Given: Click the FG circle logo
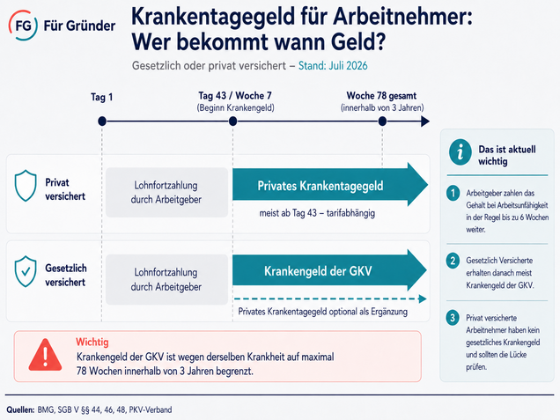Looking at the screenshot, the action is click(x=23, y=25).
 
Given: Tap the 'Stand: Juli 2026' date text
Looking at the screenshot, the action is click(x=333, y=66).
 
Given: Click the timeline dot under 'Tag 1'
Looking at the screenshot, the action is click(x=102, y=122).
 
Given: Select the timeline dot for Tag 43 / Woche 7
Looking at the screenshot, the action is click(x=232, y=122).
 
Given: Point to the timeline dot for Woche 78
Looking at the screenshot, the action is click(x=382, y=122).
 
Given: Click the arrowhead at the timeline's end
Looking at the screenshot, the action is click(x=425, y=122).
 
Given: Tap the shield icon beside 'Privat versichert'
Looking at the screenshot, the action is click(x=26, y=186).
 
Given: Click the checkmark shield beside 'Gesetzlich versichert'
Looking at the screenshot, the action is click(x=26, y=271).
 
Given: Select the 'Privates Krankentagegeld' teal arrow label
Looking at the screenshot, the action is click(x=321, y=186).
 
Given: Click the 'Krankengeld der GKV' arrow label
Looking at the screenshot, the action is click(x=318, y=271).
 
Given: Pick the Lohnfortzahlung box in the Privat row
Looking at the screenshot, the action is click(x=166, y=192).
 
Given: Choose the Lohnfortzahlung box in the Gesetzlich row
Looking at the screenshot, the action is click(x=166, y=279).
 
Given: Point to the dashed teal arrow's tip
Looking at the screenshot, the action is click(x=425, y=298).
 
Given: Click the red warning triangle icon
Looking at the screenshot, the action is click(x=46, y=355).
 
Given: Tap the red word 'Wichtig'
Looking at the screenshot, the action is click(x=92, y=342).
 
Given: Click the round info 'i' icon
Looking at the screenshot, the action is click(x=461, y=151).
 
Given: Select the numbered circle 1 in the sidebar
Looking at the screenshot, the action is click(x=453, y=193).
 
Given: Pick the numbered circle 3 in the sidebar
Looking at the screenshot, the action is click(x=453, y=318).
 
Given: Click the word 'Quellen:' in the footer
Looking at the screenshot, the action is click(x=20, y=409).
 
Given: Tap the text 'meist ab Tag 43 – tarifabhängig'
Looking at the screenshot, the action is click(x=317, y=213).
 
